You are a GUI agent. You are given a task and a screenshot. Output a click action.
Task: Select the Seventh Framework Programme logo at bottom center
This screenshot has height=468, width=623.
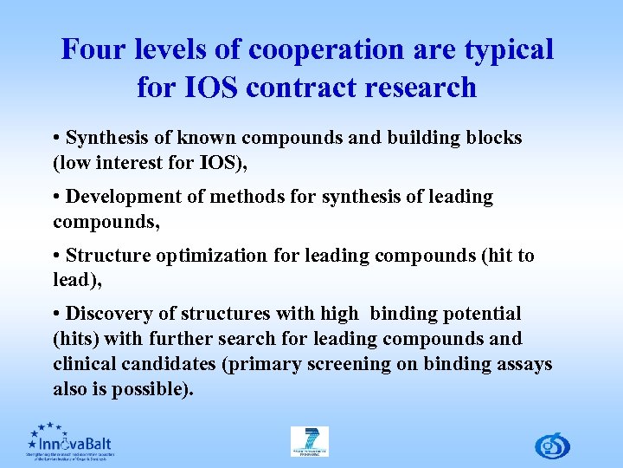click(309, 441)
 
